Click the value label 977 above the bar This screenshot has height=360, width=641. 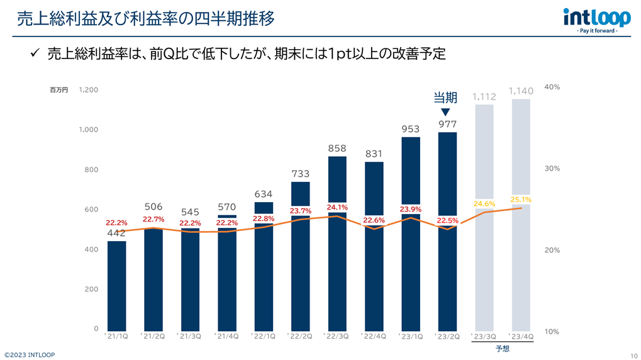coord(447,124)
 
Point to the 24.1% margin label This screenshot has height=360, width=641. coord(337,207)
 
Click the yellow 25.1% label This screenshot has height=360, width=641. coord(521,200)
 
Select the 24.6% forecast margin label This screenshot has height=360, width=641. coord(484,203)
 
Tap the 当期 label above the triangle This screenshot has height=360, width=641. coord(445,98)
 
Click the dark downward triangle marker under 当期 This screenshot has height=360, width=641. coord(445,112)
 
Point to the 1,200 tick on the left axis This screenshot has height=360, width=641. coord(89,90)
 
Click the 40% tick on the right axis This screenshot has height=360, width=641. coord(552,87)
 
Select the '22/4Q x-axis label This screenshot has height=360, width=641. coord(374,336)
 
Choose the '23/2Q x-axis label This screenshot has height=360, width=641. coord(447,336)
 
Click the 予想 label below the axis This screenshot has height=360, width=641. coord(502,348)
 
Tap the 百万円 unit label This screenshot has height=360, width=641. coord(59,90)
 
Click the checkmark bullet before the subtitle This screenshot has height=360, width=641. coord(36,54)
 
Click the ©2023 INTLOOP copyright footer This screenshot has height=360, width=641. coord(30,354)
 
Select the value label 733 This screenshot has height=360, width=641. coord(300,174)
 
